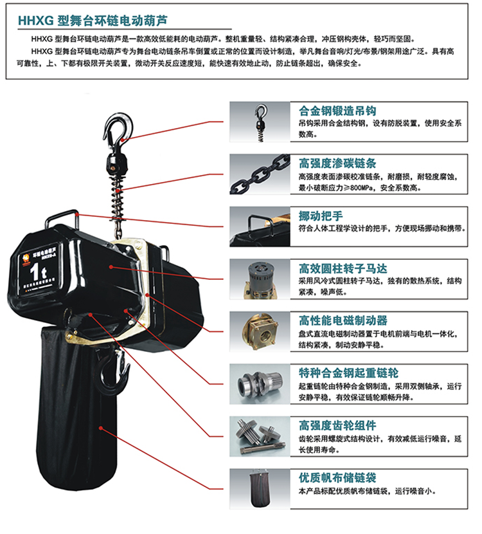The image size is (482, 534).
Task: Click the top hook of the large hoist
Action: click(x=118, y=127)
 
